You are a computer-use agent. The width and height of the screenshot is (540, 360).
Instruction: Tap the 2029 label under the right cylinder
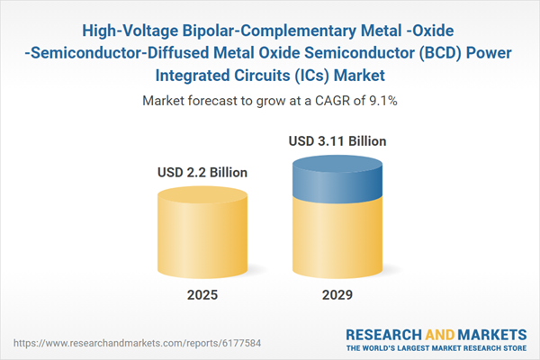tap(334, 295)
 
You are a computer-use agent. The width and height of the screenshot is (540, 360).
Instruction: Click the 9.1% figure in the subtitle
tap(383, 101)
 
